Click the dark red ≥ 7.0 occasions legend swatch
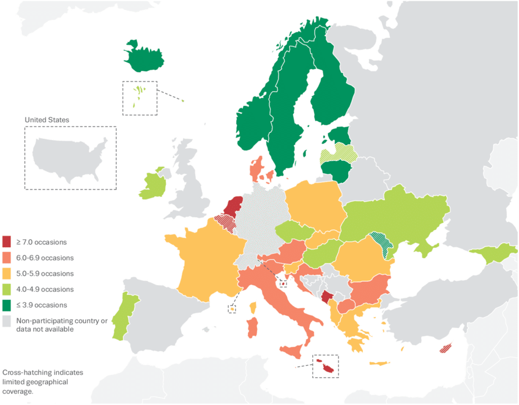[x=7, y=242]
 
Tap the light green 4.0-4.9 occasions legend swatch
[x=7, y=289]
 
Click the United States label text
[x=47, y=119]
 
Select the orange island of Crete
[x=379, y=363]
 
